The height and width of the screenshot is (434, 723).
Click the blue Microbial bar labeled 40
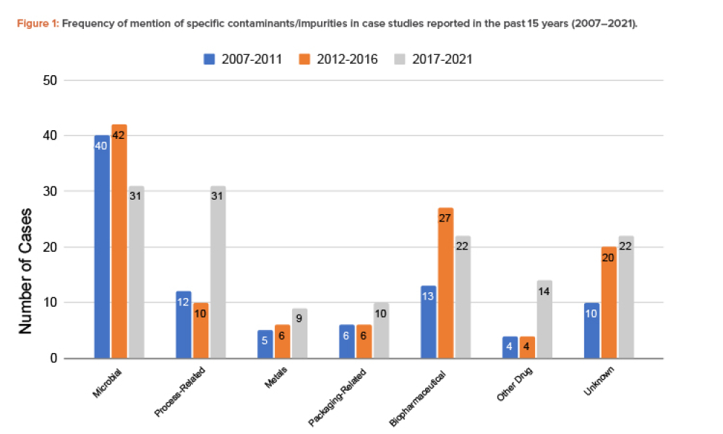coord(102,246)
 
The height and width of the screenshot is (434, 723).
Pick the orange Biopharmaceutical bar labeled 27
coord(446,283)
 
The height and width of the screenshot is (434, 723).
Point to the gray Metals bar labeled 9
coord(299,333)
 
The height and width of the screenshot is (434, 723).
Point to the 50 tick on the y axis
coord(50,80)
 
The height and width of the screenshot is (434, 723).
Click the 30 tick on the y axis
coord(50,192)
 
